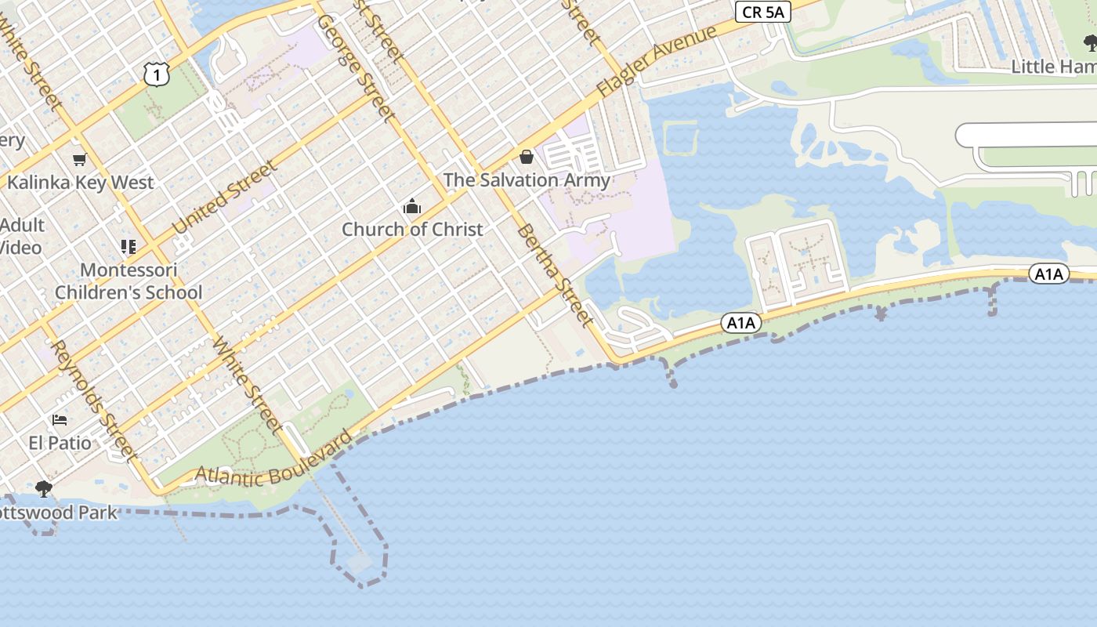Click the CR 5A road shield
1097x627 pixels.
pos(763,12)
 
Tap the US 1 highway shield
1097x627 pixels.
pos(157,74)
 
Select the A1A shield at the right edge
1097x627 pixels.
pos(1048,274)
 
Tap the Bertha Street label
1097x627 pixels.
pos(553,274)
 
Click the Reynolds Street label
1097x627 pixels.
pos(94,400)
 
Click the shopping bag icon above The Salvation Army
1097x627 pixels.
pos(527,158)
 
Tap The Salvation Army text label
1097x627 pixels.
pos(527,179)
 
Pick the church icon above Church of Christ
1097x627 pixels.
pos(412,207)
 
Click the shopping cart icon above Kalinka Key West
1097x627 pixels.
pos(79,160)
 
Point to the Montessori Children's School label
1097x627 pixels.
pos(129,281)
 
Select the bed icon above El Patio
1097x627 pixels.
pos(60,420)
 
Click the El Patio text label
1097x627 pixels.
pos(60,443)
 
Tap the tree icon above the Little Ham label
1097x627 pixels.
pos(1090,43)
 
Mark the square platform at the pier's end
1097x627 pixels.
pos(360,562)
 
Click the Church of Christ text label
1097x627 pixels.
pos(412,230)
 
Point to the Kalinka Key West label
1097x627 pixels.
pos(81,183)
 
